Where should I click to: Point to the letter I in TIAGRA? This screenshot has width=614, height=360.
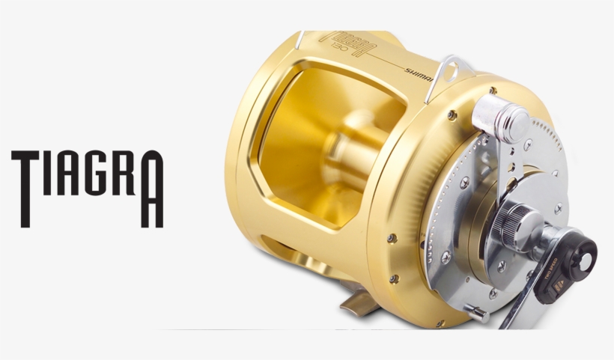coord(46,173)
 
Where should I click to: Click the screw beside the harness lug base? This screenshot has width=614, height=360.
coord(452,115)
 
